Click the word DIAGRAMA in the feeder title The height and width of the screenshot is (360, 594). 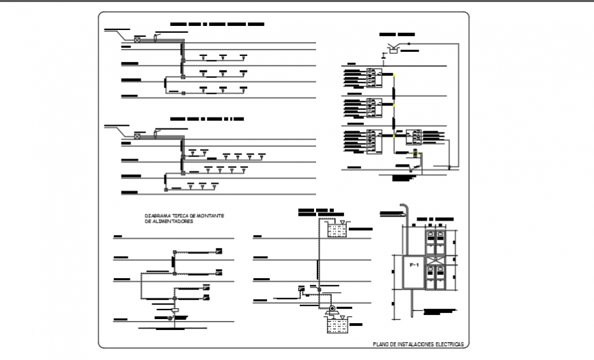click(157, 216)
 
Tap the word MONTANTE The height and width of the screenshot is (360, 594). click(211, 216)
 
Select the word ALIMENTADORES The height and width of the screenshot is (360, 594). click(174, 222)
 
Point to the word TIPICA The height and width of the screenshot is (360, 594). click(180, 216)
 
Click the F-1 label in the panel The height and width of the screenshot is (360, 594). click(413, 264)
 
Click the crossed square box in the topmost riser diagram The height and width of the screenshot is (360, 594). click(137, 40)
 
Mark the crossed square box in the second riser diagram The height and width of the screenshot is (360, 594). click(137, 136)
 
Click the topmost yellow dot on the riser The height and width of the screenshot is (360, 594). click(393, 76)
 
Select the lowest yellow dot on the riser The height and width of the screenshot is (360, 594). click(393, 135)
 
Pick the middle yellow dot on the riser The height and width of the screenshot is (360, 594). click(393, 106)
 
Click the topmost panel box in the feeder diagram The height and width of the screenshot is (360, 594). click(218, 250)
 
